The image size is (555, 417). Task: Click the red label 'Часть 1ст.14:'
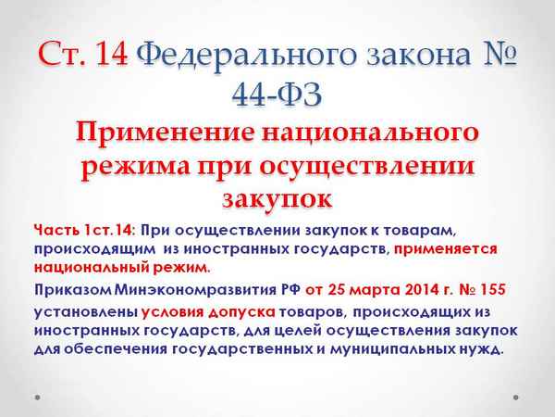[84, 230]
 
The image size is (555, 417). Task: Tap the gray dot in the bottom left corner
[37, 398]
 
